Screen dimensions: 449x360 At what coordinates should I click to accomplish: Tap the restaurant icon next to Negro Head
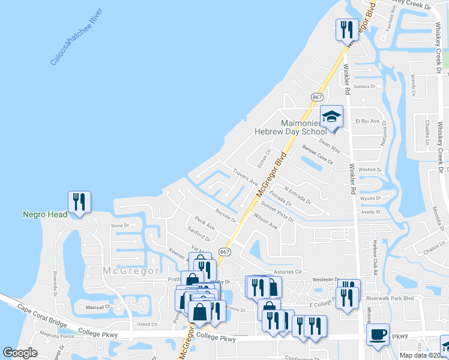pos(79,202)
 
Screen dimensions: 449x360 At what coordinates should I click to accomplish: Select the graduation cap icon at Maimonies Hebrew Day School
pos(331,116)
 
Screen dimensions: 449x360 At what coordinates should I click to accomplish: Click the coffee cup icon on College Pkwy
pos(378,334)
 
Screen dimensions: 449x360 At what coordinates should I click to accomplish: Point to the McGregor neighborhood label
pos(131,271)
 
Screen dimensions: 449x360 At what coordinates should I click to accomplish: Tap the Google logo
pos(20,353)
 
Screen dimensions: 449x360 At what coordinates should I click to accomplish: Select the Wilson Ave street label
pos(265,221)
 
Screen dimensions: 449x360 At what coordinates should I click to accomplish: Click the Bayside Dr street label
pos(226,214)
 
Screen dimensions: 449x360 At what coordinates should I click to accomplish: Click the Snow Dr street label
pos(120,226)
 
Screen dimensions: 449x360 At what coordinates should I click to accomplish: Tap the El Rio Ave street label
pos(368,121)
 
